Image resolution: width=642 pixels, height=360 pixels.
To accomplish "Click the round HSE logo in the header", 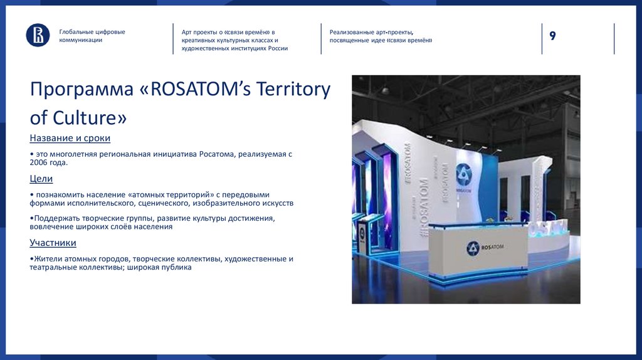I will point(38,35).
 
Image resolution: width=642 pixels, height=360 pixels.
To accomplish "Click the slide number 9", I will point(552,36).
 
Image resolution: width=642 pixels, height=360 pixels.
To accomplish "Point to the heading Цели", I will point(41,179).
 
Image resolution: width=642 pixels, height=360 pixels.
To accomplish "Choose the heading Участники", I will point(53,243).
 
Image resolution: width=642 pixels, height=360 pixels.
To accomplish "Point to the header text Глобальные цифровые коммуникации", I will point(92,36).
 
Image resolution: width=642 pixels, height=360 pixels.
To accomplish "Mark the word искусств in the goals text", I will point(278,203).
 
